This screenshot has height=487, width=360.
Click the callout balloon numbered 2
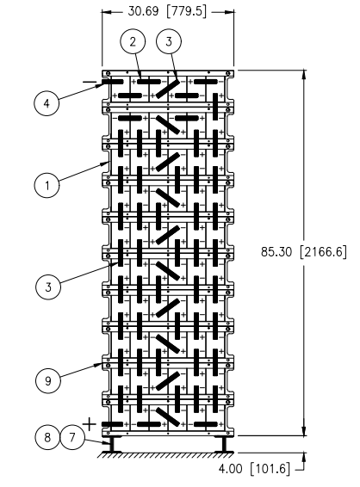point(133,41)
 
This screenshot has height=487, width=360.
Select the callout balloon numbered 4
point(47,102)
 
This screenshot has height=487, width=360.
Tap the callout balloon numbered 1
point(47,185)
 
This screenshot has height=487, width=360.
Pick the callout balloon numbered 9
point(48,380)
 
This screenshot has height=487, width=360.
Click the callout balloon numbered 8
point(47,437)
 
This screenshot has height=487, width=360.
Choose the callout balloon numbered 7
point(71,437)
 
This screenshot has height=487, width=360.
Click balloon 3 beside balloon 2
point(169,41)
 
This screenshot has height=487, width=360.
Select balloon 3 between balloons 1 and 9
point(48,287)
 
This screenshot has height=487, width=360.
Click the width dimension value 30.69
point(143,11)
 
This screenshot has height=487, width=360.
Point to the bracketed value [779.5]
point(186,11)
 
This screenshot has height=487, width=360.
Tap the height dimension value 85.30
point(276,251)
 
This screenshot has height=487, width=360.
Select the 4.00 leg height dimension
point(230,468)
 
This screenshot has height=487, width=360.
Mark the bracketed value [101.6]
point(270,468)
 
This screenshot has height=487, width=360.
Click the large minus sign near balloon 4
point(90,82)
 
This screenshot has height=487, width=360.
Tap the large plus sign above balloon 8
point(90,424)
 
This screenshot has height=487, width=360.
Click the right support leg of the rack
point(224,444)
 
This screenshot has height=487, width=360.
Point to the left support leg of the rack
point(111,444)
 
